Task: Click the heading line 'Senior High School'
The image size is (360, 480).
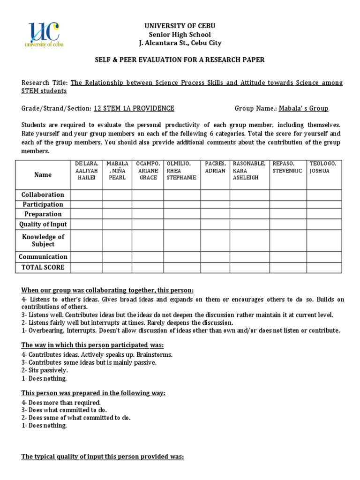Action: (180, 34)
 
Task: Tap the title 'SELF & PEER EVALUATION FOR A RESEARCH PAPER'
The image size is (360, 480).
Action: (180, 60)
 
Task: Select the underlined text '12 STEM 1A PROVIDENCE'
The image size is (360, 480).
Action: (134, 108)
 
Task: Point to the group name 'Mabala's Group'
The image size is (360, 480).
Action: (303, 108)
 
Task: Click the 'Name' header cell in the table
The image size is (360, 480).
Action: (43, 174)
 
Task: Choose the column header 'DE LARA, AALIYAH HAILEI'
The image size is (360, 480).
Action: (87, 171)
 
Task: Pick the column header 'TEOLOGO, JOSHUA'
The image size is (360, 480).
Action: (324, 167)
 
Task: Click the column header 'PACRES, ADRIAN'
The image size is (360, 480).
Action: (215, 167)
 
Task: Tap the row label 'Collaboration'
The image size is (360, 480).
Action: (43, 195)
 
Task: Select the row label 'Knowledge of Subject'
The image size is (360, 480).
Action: (43, 240)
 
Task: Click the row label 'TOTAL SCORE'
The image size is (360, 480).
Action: (43, 267)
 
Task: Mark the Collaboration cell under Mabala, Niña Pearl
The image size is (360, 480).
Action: (117, 195)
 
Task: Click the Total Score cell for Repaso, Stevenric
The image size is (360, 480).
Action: (288, 267)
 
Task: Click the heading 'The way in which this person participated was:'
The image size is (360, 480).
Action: (92, 345)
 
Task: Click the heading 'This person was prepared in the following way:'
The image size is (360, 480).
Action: (93, 393)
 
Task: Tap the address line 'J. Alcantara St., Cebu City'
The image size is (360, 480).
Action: (180, 43)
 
